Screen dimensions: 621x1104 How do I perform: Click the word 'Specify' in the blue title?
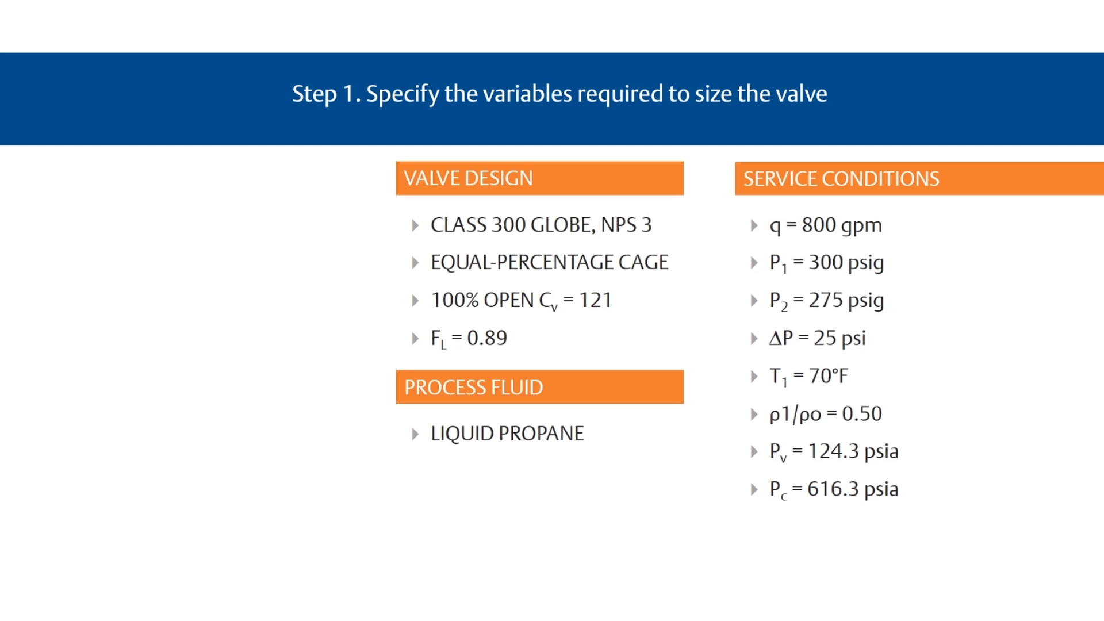point(402,94)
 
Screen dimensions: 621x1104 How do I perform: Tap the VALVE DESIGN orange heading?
point(468,178)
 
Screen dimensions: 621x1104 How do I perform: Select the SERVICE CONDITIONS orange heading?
point(841,179)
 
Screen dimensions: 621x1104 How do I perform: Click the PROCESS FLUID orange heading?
point(473,387)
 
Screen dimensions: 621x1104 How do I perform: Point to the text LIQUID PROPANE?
point(507,434)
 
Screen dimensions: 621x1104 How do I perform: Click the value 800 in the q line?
point(819,225)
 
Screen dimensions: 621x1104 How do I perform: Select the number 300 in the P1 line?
point(826,262)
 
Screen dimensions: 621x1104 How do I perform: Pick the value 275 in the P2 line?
point(826,300)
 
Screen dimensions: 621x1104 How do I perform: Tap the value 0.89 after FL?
point(487,338)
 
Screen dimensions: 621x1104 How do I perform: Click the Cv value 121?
point(595,300)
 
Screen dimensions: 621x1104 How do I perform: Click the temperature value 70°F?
point(828,376)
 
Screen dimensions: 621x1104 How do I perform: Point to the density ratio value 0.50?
point(861,414)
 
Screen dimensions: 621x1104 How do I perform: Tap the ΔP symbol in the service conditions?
point(781,338)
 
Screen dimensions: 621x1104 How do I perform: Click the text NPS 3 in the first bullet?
point(626,225)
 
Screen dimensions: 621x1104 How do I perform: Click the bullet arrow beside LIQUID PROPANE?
point(415,434)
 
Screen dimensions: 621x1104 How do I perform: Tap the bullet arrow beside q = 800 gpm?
point(754,225)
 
